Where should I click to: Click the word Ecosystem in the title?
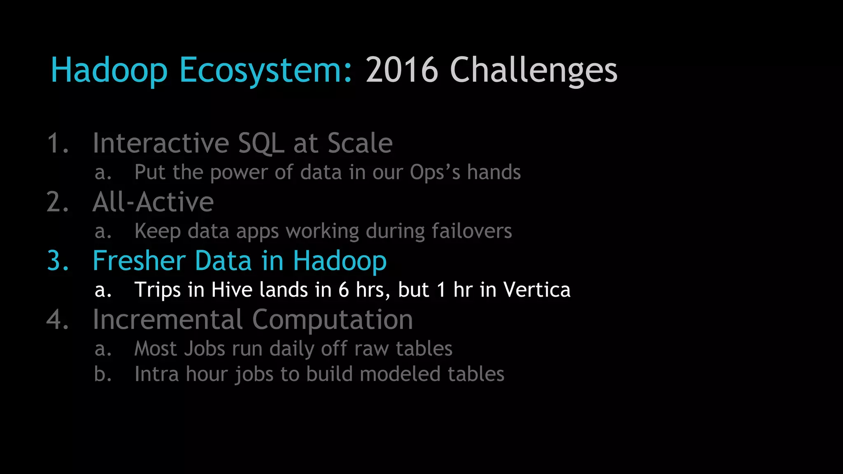(266, 70)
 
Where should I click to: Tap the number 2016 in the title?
(402, 70)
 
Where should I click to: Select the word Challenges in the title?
(533, 70)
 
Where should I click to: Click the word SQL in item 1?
(261, 144)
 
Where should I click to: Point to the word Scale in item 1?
(360, 144)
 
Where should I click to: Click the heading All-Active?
(153, 202)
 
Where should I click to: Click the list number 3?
(58, 261)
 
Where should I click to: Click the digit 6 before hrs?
(344, 290)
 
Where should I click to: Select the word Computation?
(332, 320)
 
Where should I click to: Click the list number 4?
(58, 320)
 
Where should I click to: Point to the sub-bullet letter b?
(102, 374)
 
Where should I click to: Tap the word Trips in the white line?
(158, 290)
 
